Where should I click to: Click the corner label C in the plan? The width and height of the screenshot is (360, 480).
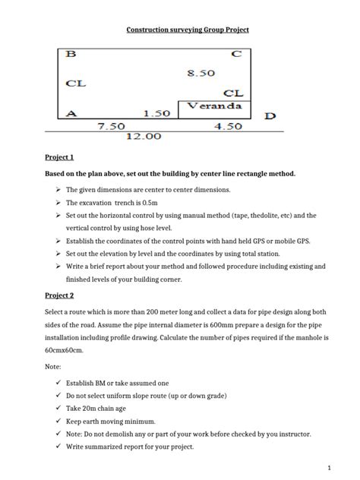(237, 55)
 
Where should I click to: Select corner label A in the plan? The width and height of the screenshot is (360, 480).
(71, 114)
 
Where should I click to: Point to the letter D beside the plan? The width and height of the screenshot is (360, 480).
(270, 116)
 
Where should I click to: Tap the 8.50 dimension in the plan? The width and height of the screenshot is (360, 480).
(201, 73)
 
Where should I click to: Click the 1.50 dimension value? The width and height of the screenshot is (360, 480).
(157, 114)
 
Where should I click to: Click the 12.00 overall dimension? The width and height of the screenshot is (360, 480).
(144, 137)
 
